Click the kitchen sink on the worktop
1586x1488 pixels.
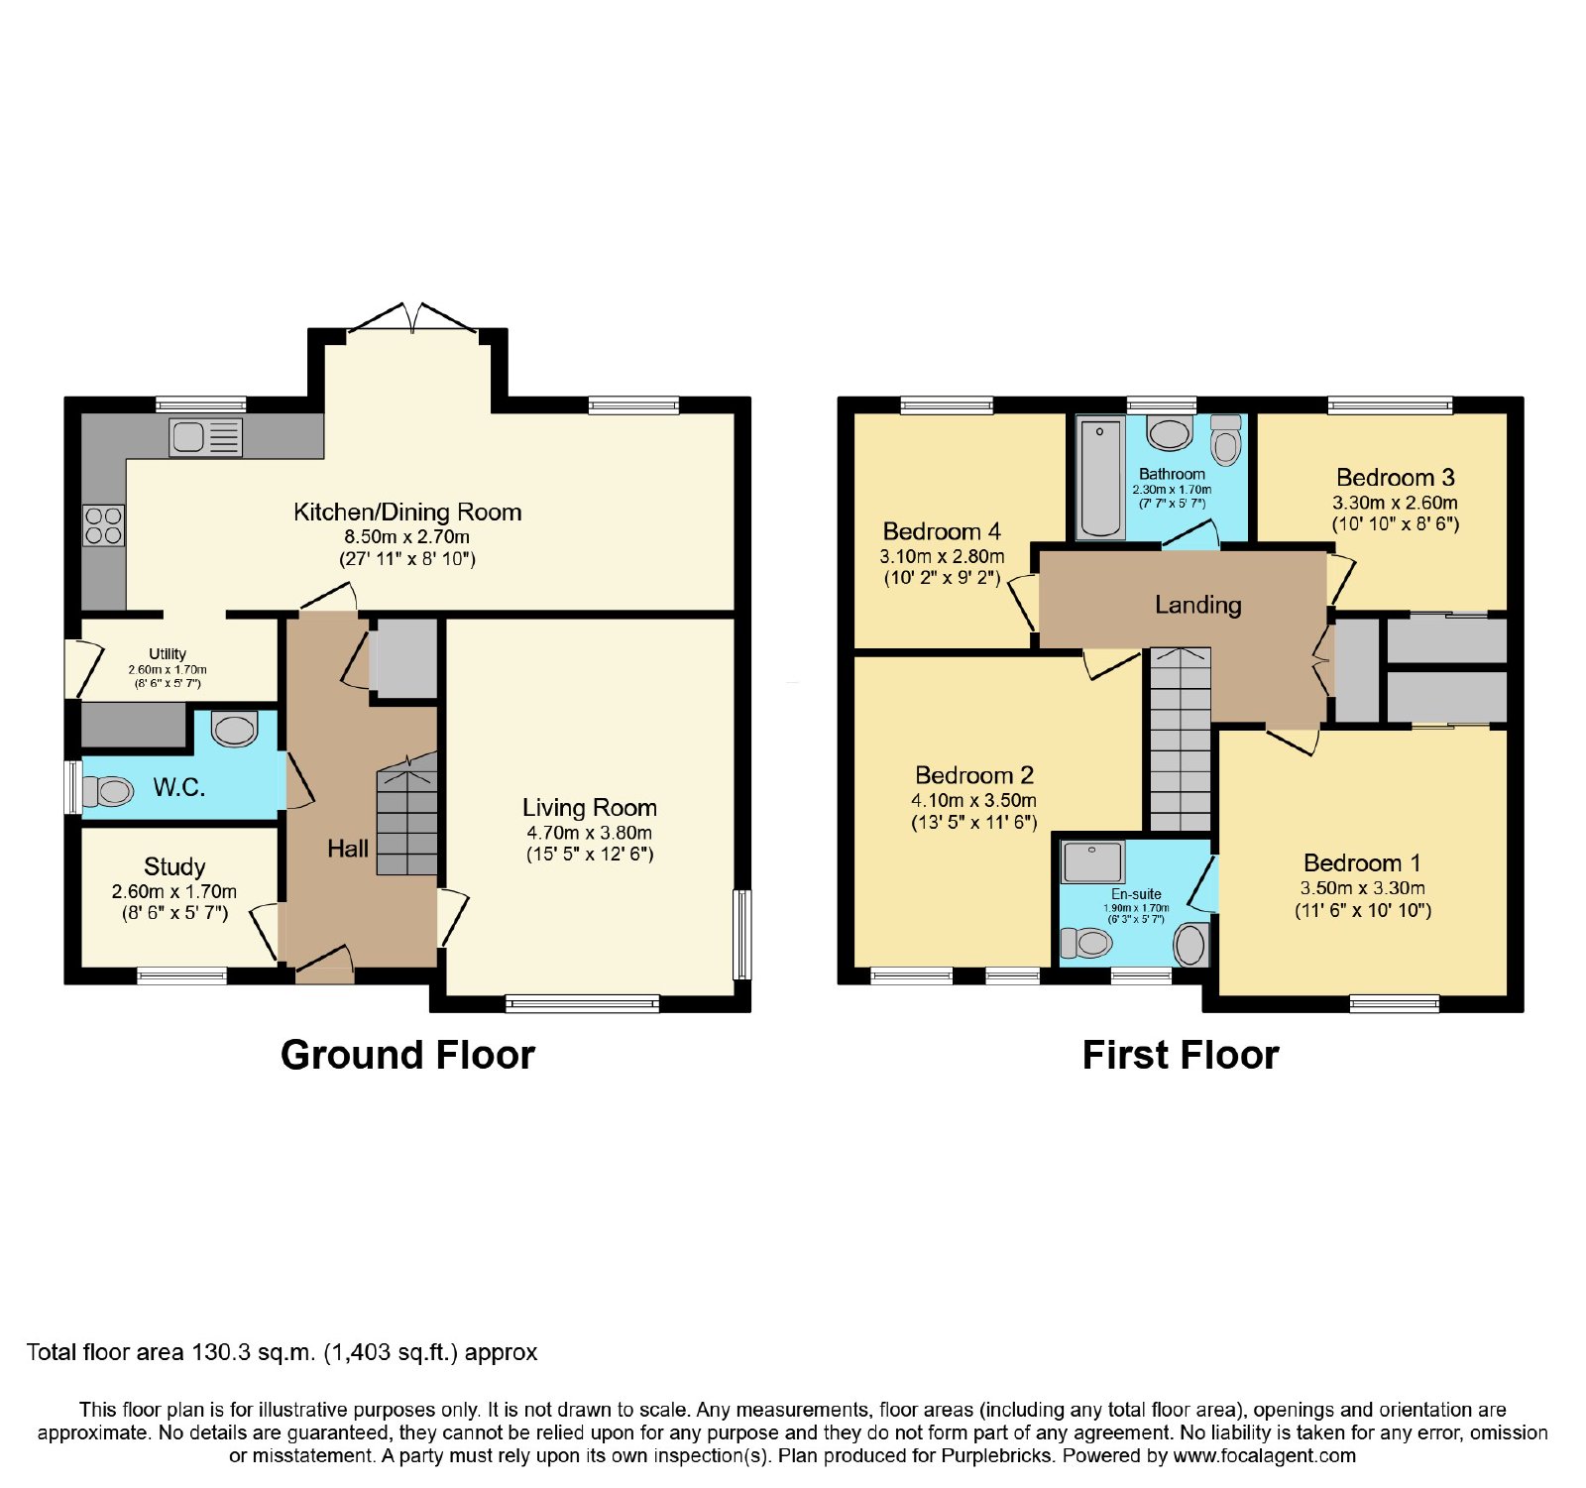point(205,436)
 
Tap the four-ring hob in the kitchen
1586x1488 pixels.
point(103,525)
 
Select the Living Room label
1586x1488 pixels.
point(590,808)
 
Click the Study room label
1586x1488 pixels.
point(174,867)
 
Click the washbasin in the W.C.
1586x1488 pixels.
point(235,730)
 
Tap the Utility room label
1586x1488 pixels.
point(168,654)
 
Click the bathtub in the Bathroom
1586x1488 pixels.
point(1099,478)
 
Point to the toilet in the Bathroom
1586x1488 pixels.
point(1226,440)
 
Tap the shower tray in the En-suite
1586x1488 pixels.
point(1092,862)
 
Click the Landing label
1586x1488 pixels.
point(1198,605)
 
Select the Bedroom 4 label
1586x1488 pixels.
point(942,532)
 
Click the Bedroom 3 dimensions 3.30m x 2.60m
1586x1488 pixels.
point(1395,503)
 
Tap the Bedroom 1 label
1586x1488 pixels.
point(1362,863)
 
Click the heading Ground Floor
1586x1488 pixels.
point(407,1055)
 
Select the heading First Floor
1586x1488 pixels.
point(1181,1055)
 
